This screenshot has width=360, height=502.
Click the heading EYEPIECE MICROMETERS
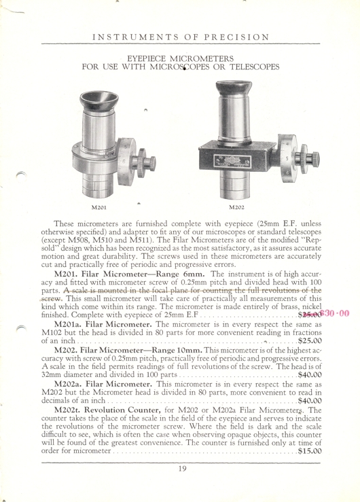pyautogui.click(x=181, y=59)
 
